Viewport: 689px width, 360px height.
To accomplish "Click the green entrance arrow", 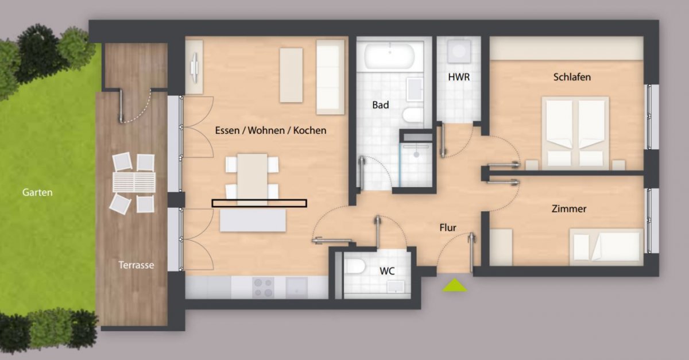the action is pos(454,285).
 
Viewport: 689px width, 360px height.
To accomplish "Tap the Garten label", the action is pos(37,192).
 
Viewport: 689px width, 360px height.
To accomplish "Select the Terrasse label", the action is pos(136,265).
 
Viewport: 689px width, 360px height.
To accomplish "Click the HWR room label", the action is pos(459,77).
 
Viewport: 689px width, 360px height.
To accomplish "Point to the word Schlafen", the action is pos(572,77).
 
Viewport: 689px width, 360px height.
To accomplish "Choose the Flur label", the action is pos(448,228).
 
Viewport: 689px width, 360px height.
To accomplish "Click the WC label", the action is pos(387,271).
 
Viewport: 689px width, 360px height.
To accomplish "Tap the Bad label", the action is pos(381,105).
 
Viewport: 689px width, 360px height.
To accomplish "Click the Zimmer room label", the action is pos(569,209).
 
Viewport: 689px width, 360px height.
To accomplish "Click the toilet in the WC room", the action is pos(355,266).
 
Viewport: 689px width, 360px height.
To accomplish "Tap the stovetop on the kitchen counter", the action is pos(264,288).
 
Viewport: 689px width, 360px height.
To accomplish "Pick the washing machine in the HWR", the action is pos(459,51).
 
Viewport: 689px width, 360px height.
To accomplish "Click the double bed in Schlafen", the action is pos(575,133).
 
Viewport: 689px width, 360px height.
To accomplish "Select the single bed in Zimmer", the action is pos(606,247).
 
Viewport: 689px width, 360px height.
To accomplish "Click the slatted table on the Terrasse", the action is pos(134,182).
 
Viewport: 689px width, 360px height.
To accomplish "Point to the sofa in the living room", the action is pos(330,77).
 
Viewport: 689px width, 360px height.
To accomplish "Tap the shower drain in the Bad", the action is pos(416,154).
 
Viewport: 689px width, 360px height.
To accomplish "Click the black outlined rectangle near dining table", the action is pos(260,203).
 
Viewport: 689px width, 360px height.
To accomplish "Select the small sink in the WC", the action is pos(396,287).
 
